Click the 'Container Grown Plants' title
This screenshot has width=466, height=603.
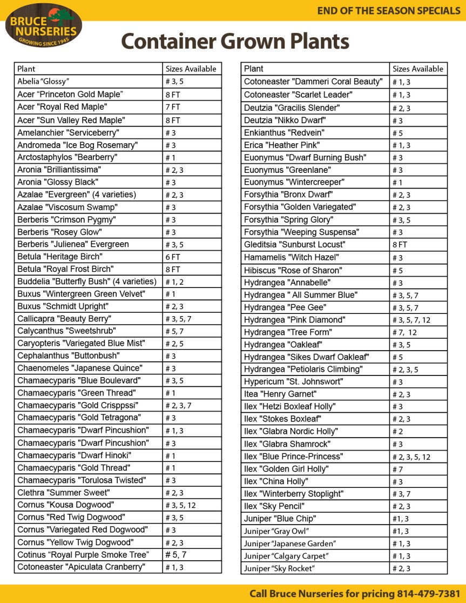pos(235,41)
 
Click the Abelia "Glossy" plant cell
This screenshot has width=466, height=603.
pos(43,82)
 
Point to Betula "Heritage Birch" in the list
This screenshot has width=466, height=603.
pos(59,257)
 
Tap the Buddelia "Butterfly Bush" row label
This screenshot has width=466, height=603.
pos(86,282)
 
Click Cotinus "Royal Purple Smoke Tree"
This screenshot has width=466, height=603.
pos(83,555)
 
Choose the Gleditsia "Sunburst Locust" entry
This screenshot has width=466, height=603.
pos(294,245)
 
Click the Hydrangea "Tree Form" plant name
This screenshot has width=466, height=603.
pos(288,332)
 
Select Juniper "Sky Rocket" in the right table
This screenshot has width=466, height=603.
pos(279,568)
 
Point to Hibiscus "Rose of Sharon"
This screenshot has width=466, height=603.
pos(292,270)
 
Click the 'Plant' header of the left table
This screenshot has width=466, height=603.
pos(26,69)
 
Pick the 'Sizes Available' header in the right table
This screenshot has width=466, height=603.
pos(417,69)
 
